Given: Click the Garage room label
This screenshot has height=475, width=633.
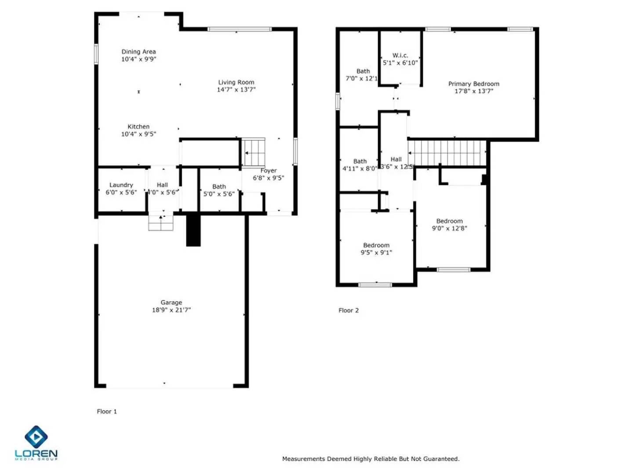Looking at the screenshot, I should point(171,303).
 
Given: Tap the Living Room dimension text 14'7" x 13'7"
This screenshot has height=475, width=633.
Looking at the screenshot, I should point(236,90).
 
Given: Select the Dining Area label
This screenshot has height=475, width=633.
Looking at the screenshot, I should point(138,52).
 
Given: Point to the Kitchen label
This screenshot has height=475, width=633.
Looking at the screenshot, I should point(138,127).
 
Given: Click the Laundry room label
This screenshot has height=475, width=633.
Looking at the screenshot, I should point(121,185).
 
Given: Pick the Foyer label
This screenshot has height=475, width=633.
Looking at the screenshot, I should point(269,171).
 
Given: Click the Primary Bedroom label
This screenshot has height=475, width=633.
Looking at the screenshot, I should point(473,84).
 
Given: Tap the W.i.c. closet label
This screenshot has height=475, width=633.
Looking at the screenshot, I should point(400,55).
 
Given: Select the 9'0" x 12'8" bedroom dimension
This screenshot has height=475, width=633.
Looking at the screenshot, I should point(449,228).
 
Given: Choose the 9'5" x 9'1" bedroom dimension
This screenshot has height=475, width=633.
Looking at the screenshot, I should point(376,252).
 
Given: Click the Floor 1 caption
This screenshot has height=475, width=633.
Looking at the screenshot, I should point(107,412).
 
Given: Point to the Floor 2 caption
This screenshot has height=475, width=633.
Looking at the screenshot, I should point(349,311).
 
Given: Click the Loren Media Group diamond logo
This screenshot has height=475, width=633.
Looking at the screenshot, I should point(36,437).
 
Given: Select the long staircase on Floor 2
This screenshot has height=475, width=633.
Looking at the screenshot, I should point(447,153).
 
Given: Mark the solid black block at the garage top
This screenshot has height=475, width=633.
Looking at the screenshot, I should point(193,230).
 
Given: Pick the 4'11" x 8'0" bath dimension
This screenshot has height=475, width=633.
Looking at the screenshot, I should point(360,169).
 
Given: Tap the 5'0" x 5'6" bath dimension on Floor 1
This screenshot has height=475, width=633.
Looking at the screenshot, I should point(219,194).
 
